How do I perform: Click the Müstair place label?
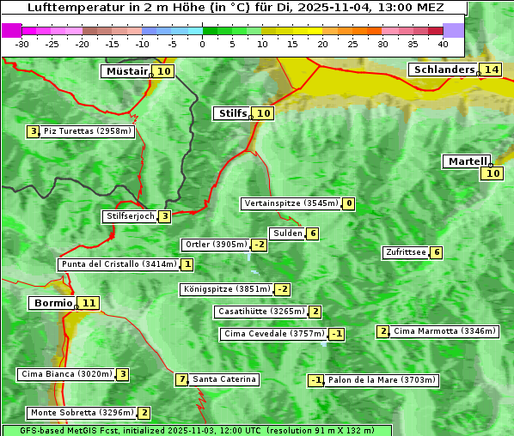tap(125, 71)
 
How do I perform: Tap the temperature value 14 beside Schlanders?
tap(491, 70)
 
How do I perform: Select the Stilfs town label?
tap(231, 113)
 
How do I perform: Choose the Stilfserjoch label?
tap(129, 216)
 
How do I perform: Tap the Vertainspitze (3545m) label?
tap(291, 203)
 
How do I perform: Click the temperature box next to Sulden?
tap(313, 233)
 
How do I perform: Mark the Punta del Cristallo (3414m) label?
tap(119, 264)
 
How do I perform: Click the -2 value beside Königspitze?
tap(282, 289)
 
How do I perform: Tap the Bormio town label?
tap(52, 303)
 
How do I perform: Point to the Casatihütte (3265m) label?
tap(260, 312)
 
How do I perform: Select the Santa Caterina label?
tap(223, 379)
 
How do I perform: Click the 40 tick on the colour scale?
tap(443, 44)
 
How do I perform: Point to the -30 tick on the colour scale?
tap(22, 44)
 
